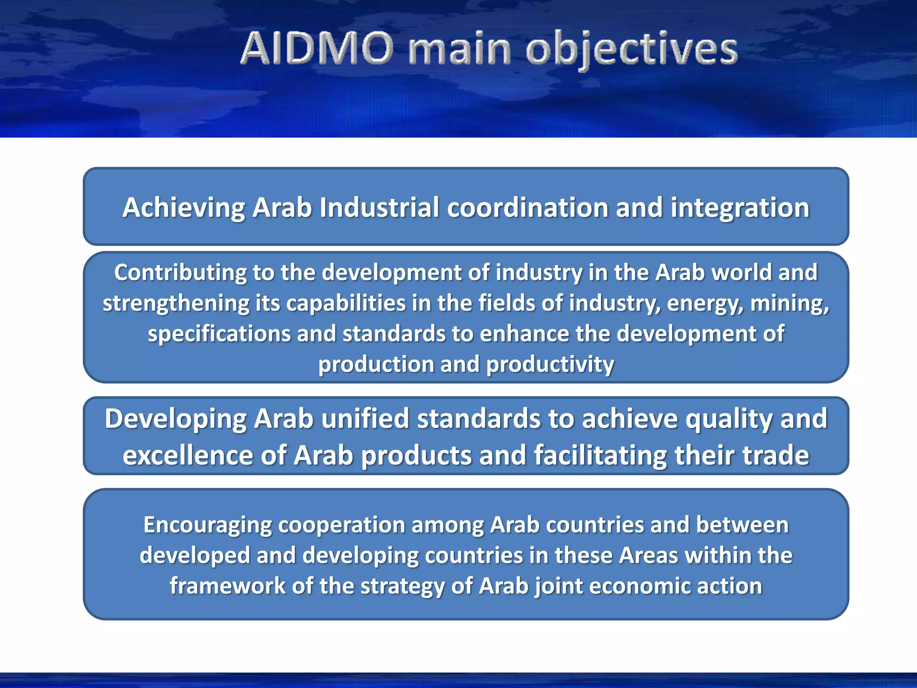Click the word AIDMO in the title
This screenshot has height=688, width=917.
[317, 48]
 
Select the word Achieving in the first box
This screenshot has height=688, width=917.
[184, 208]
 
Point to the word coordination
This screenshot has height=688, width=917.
[527, 208]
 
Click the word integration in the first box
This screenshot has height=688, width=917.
[740, 208]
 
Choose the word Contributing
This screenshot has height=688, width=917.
[180, 273]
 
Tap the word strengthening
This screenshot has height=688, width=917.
[176, 303]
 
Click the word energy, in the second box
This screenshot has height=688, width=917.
[705, 303]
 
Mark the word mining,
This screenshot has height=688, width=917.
[789, 303]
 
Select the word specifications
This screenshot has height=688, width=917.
[219, 334]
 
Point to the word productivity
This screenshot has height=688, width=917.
[550, 364]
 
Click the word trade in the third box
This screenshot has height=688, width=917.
[776, 456]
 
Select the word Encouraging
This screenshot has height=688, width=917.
[207, 525]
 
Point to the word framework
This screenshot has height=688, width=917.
[227, 586]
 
